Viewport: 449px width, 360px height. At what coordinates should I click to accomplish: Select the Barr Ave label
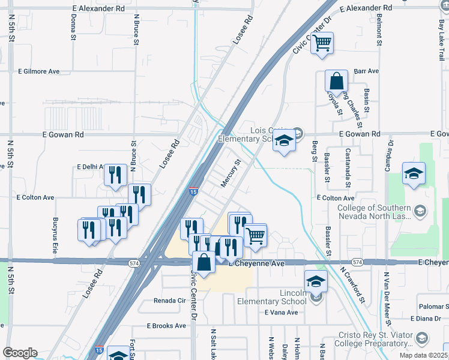point(366,71)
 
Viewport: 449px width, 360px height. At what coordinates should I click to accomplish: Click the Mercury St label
point(230,173)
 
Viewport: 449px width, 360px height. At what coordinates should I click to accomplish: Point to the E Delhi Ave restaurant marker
point(115,175)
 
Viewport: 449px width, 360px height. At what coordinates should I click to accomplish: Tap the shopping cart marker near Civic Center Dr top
point(322,43)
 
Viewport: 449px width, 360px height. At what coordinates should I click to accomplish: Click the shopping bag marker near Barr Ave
point(336,81)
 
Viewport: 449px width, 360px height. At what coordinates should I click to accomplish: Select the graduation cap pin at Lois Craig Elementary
point(284,141)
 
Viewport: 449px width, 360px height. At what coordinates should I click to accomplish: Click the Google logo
point(20,353)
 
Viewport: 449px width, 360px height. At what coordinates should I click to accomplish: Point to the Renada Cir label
point(170,300)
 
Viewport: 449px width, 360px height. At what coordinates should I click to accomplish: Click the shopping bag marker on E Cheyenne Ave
point(204,263)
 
